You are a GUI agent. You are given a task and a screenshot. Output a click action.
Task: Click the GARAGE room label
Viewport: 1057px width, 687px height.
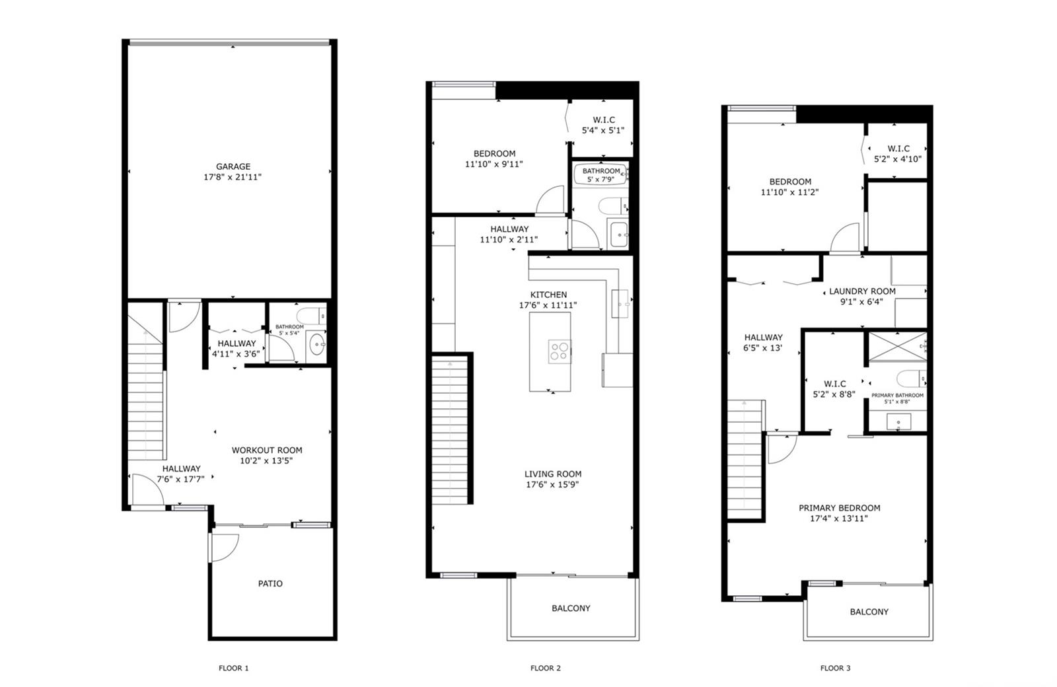(233, 166)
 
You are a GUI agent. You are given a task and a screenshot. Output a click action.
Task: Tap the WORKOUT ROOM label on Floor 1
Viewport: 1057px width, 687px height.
(267, 450)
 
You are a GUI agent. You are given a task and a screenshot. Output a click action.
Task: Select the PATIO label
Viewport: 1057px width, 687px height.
(270, 584)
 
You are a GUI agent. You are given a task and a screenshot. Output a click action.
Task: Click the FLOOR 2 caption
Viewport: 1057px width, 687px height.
(546, 668)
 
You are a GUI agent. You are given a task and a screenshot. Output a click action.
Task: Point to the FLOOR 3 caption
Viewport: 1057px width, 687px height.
(835, 668)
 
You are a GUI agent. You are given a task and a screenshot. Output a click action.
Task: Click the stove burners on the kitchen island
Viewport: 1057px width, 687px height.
(560, 351)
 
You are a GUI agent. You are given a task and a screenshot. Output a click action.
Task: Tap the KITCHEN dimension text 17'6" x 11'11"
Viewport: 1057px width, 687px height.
(548, 305)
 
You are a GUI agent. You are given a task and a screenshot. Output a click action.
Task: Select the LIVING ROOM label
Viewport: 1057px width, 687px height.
(553, 474)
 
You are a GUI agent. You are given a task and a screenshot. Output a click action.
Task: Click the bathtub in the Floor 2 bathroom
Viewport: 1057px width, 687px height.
(601, 174)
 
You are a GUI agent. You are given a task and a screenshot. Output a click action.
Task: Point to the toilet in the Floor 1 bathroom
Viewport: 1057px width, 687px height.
(311, 314)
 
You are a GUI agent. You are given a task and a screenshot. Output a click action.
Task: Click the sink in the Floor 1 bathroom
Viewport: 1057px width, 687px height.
(316, 344)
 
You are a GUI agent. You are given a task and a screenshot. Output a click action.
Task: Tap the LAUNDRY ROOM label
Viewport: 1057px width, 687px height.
(862, 291)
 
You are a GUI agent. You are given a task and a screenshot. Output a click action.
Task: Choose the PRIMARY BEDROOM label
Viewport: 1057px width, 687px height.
(840, 508)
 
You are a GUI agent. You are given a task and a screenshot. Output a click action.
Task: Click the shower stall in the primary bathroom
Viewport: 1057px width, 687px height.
(898, 347)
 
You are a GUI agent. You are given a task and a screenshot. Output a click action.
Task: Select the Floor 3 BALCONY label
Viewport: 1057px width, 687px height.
(869, 612)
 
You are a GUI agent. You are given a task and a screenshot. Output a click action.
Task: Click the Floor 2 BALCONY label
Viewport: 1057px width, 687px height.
(571, 608)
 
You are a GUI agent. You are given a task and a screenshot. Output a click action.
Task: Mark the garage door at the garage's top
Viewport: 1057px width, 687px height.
(229, 43)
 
